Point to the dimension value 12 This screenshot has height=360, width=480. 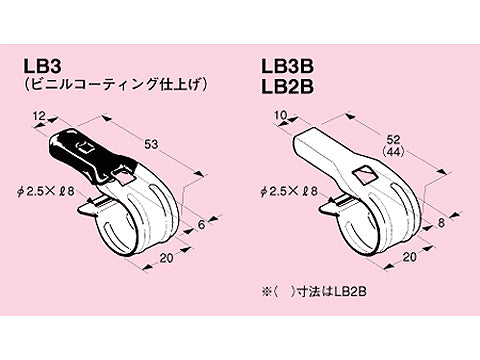[38, 118]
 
